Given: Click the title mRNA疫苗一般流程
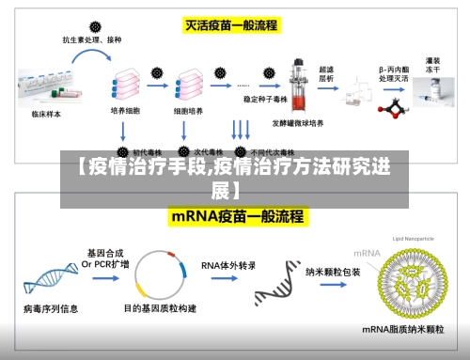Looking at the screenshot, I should pos(237,216).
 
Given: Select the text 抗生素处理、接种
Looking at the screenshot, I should pos(92,41).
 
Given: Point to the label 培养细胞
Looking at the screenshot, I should pos(125,110).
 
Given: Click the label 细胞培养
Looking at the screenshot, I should pos(188,110).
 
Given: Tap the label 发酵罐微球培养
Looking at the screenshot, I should pos(298,123).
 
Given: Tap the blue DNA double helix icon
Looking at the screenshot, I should pos(50,279).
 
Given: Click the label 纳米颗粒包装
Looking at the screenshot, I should pos(333,271).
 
